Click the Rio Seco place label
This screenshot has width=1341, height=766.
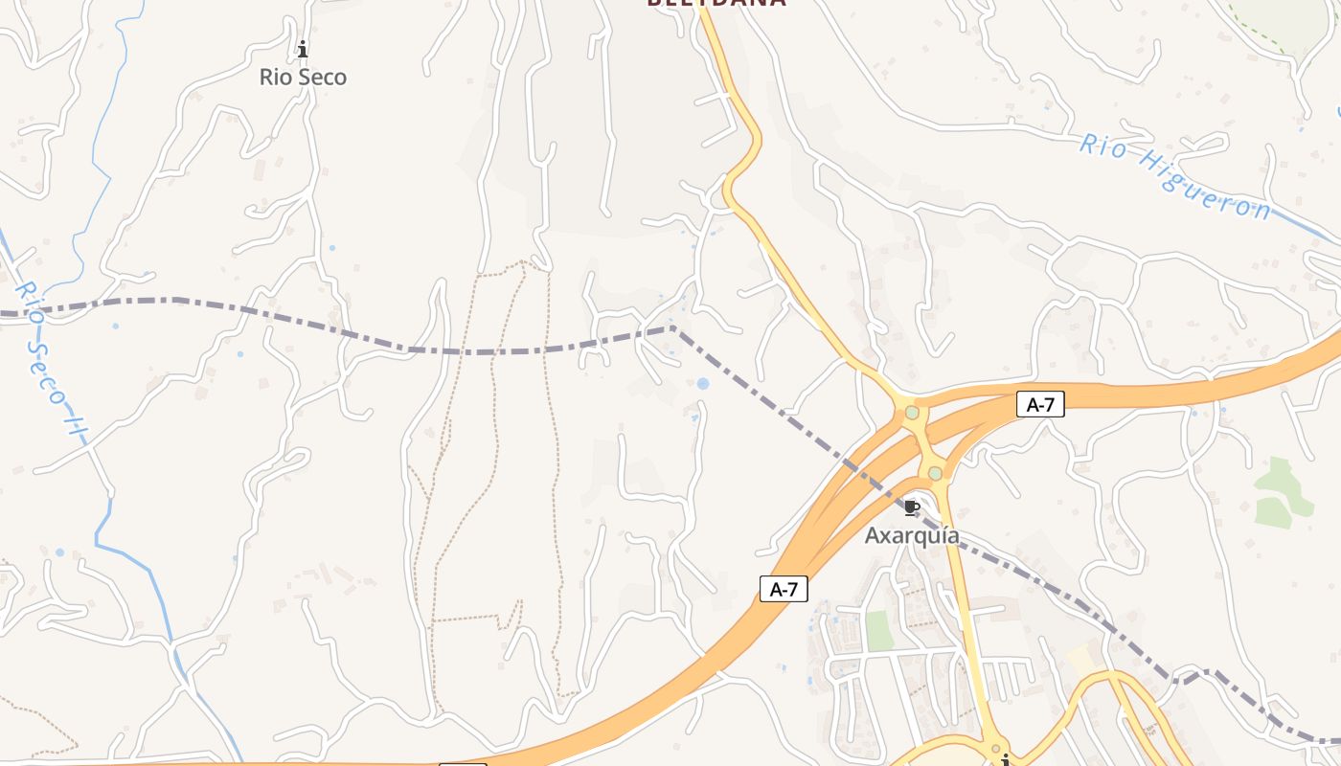[303, 78]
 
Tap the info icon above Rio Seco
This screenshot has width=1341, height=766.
[303, 49]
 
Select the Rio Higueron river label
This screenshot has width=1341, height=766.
[1175, 177]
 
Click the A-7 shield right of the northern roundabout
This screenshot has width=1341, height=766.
[1040, 405]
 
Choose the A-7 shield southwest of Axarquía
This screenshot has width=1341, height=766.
[784, 590]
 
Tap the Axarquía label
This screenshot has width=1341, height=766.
[912, 536]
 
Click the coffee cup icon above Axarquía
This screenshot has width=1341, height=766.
[912, 507]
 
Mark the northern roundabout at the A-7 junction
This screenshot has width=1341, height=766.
[912, 413]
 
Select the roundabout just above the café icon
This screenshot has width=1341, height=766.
[935, 473]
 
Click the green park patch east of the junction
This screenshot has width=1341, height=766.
[1282, 490]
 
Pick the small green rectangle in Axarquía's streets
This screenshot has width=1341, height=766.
[879, 630]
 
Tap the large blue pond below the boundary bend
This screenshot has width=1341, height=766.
[703, 384]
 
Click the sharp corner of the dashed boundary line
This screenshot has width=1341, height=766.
[672, 328]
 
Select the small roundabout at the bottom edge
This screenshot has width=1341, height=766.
[996, 748]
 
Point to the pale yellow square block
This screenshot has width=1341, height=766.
[1083, 659]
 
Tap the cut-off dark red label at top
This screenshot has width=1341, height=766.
[716, 4]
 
